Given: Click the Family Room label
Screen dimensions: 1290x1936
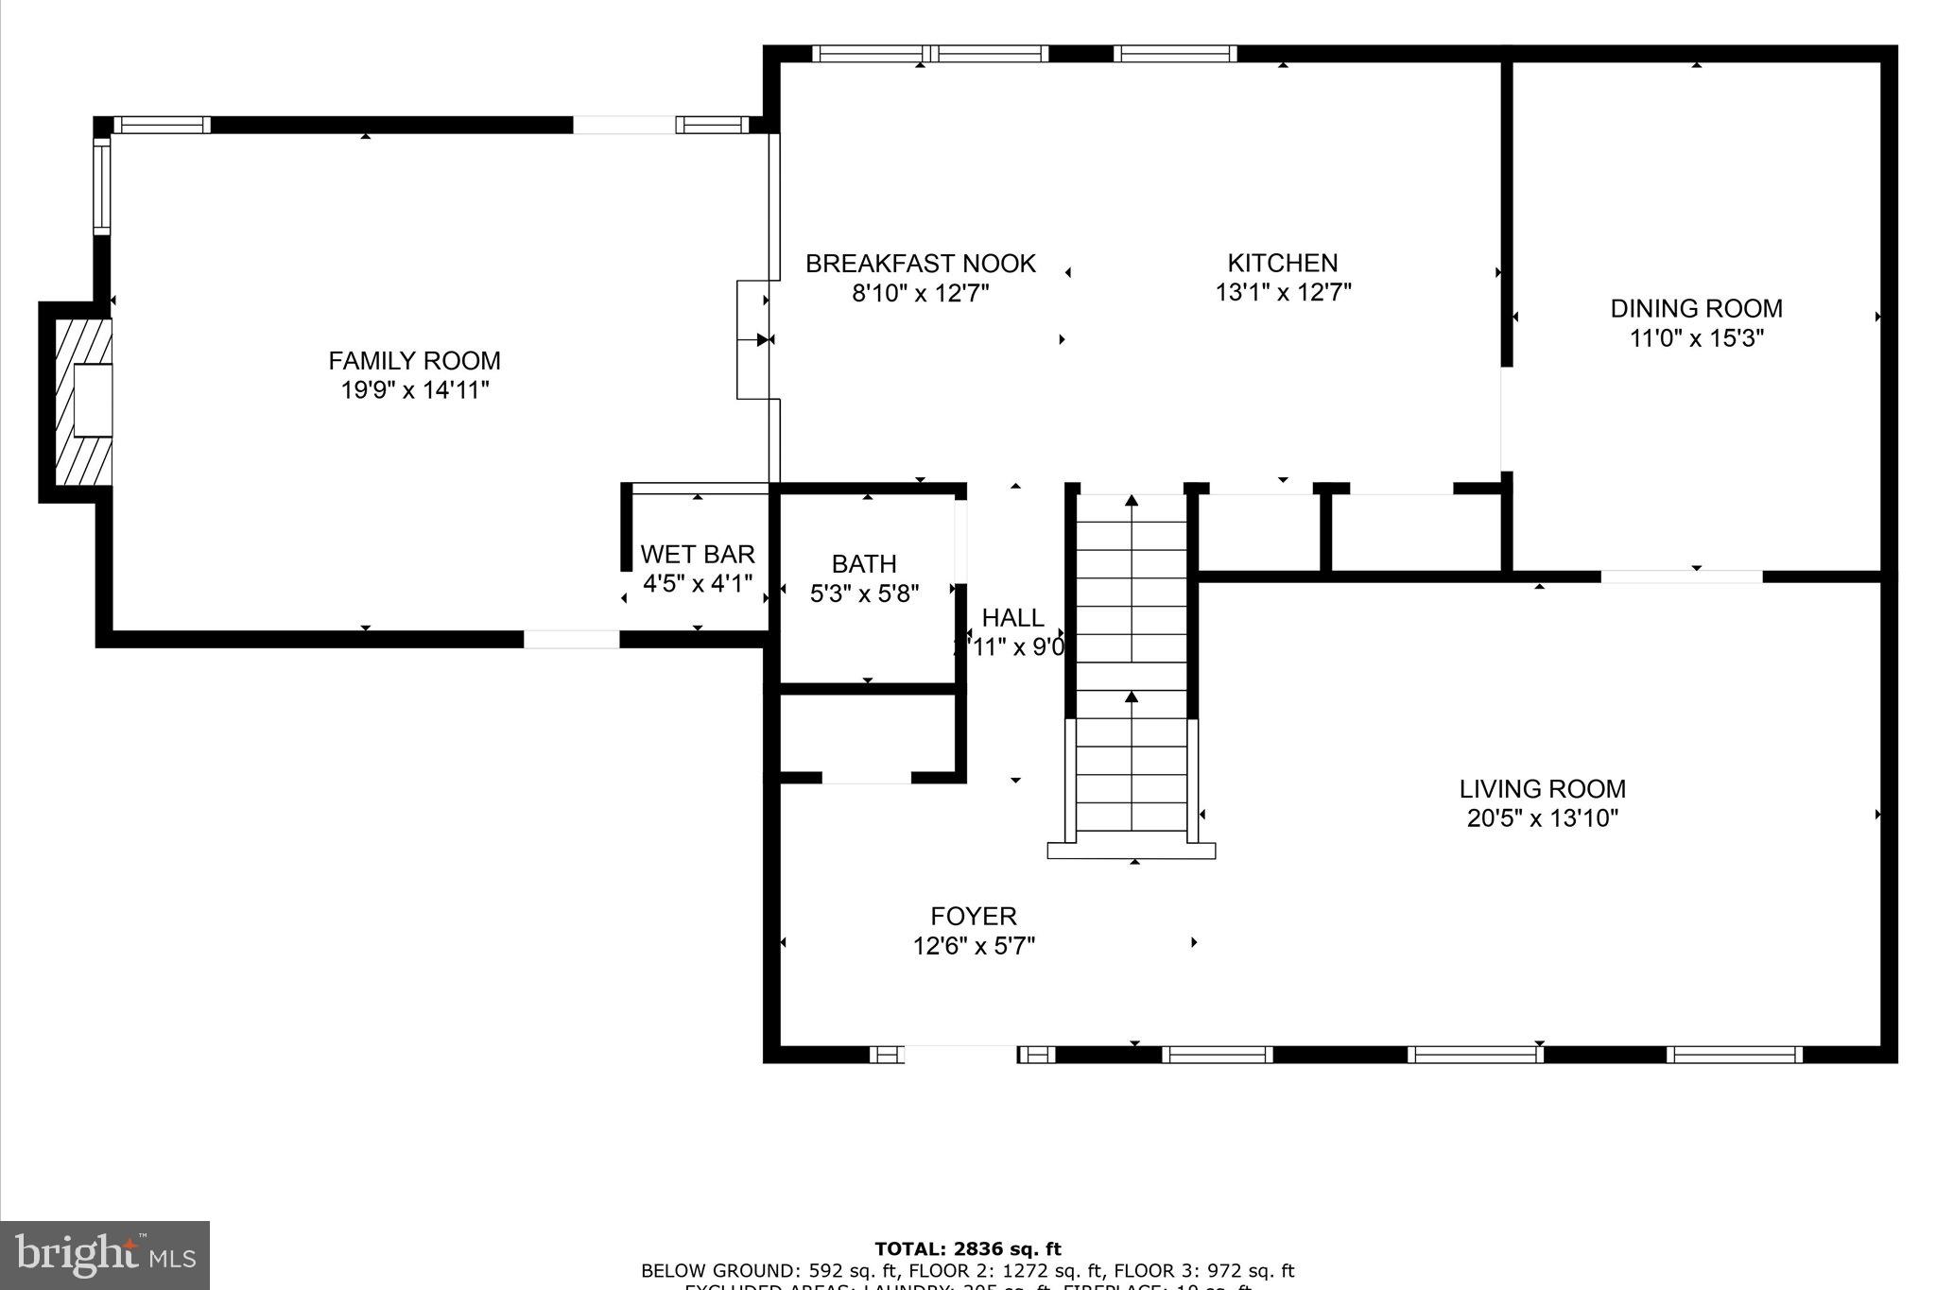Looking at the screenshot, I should click(x=414, y=360).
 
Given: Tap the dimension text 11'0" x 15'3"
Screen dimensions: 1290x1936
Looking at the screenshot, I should click(x=1696, y=338).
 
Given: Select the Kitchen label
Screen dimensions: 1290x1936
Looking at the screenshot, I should click(x=1282, y=263).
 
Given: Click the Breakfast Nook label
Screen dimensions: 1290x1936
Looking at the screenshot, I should click(x=920, y=264).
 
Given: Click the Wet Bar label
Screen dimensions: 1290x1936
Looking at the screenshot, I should click(x=697, y=554).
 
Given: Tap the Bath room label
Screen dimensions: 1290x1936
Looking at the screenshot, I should click(x=864, y=564).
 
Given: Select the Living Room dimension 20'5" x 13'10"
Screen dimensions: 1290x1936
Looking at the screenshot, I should click(x=1542, y=818).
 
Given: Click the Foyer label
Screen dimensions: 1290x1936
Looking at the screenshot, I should click(x=973, y=916).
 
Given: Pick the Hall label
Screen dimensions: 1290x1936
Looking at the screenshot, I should click(x=1012, y=618).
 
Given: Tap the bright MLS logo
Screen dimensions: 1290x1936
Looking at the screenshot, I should click(x=105, y=1255).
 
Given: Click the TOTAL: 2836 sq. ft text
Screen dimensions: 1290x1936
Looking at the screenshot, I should click(x=967, y=1249).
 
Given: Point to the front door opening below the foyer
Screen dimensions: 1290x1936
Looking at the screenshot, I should click(x=960, y=1054).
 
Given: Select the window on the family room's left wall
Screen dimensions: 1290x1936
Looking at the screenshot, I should click(x=101, y=186).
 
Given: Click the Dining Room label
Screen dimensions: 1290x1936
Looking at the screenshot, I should click(x=1696, y=308).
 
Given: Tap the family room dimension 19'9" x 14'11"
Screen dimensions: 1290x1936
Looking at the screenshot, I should click(x=414, y=390).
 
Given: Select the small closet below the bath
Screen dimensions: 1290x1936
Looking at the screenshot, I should click(x=865, y=734).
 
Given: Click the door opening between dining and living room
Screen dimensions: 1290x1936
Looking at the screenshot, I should click(x=1681, y=576).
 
